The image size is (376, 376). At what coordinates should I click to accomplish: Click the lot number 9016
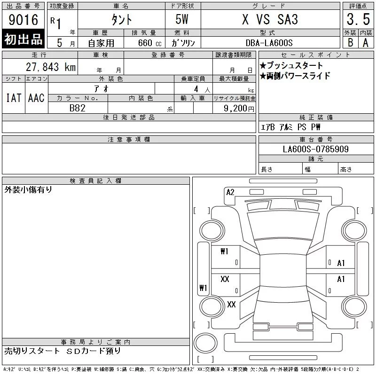[23, 20]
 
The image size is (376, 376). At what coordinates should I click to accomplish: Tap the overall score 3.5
[358, 19]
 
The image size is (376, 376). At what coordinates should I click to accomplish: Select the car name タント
[122, 20]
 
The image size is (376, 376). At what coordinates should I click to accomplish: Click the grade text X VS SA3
[270, 19]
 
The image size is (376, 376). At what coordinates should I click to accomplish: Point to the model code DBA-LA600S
[269, 43]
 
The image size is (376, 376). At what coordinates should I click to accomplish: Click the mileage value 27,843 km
[51, 67]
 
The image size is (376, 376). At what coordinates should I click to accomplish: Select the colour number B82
[77, 108]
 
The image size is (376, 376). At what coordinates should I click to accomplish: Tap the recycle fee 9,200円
[239, 109]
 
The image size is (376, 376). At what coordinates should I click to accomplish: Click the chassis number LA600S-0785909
[315, 149]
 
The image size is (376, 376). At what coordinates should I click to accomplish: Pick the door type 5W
[182, 19]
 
